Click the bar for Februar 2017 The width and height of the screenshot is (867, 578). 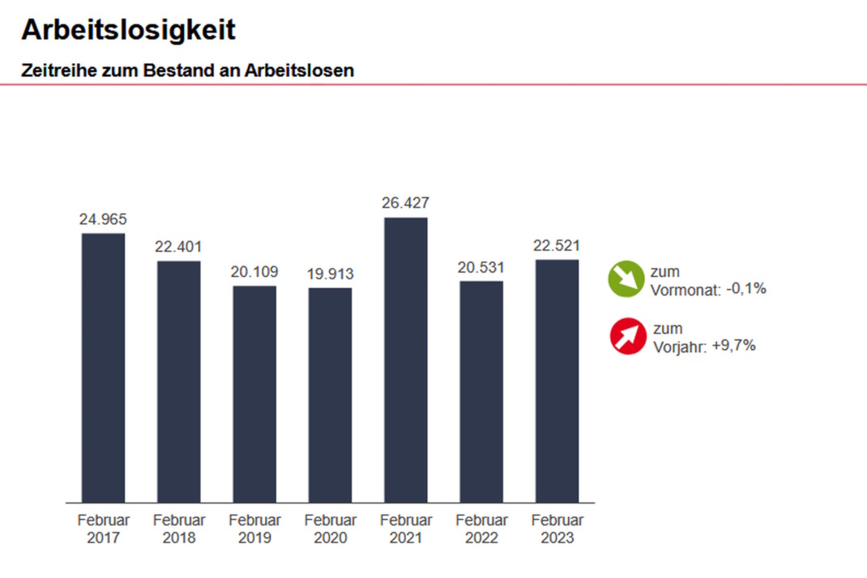click(103, 368)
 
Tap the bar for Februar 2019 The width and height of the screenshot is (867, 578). click(254, 394)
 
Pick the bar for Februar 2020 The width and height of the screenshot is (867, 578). click(330, 395)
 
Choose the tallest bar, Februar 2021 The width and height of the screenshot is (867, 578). click(405, 360)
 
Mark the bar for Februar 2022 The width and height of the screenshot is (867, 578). click(481, 392)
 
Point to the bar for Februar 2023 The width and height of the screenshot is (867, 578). click(557, 381)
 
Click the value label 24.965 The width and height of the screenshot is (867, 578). click(103, 219)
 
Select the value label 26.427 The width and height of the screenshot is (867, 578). click(405, 203)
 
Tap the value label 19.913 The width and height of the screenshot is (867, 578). click(330, 274)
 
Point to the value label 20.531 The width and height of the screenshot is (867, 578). click(481, 267)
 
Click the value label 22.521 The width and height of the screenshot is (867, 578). click(557, 246)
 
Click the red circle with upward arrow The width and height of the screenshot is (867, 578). click(628, 337)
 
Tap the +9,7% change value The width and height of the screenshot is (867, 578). click(733, 345)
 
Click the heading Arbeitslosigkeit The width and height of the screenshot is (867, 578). click(128, 30)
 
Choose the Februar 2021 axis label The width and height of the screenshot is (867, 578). click(405, 528)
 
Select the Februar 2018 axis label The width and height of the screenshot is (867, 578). click(179, 528)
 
